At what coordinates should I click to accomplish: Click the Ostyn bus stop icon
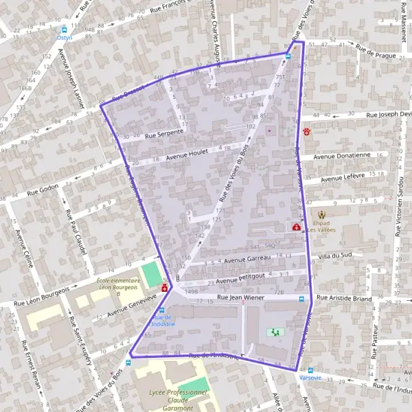pyautogui.click(x=64, y=30)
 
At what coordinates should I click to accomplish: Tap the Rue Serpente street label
pyautogui.click(x=164, y=133)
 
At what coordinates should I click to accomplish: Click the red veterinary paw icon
pyautogui.click(x=307, y=130)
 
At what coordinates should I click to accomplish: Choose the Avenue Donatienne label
pyautogui.click(x=342, y=156)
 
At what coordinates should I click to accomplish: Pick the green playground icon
pyautogui.click(x=276, y=332)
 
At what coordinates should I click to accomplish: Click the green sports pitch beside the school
pyautogui.click(x=150, y=275)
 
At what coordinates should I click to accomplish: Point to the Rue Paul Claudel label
pyautogui.click(x=75, y=233)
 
